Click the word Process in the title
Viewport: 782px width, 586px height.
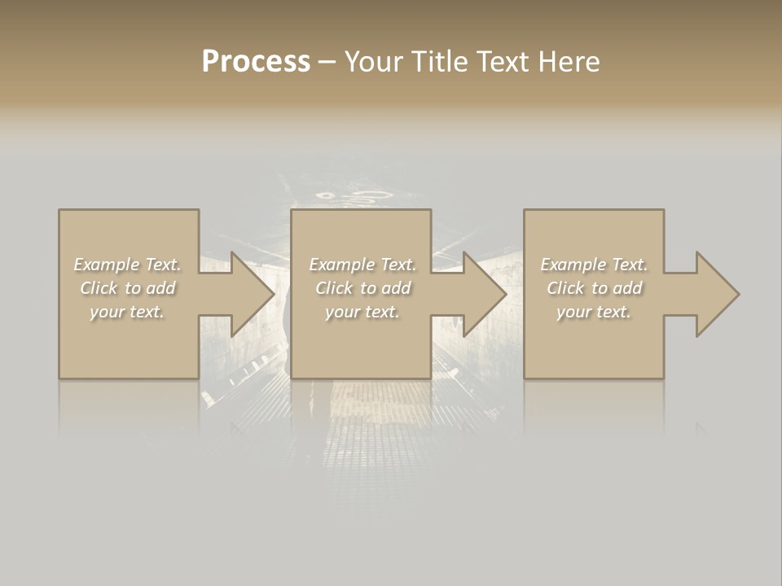(256, 62)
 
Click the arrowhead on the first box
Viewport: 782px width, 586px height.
(251, 294)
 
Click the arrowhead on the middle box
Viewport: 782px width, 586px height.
(483, 294)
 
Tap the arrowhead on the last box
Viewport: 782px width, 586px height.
(715, 294)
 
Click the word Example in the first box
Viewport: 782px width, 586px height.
(106, 265)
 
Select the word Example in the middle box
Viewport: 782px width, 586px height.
(340, 265)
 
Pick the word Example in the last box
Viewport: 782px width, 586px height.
(573, 265)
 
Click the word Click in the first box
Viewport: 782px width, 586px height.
(99, 288)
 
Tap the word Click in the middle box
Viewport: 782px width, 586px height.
(334, 288)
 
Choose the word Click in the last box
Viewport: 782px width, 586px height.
(565, 288)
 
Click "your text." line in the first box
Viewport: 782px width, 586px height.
(127, 312)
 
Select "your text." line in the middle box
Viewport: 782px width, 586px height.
(362, 312)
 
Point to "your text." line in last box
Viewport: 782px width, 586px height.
(594, 312)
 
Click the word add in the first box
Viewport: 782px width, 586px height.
(161, 288)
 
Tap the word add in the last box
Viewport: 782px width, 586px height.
(628, 288)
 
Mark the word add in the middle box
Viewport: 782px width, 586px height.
(396, 288)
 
